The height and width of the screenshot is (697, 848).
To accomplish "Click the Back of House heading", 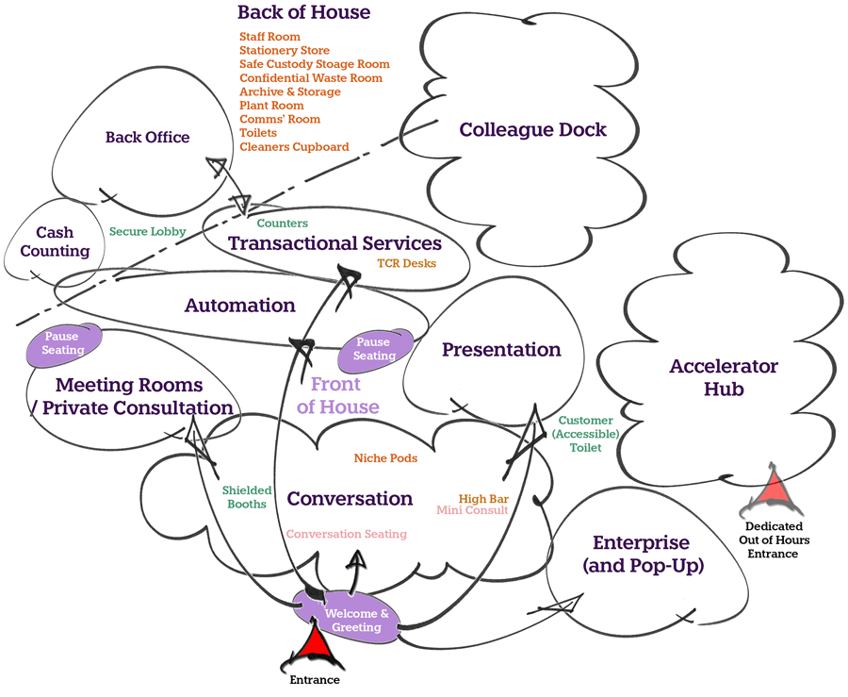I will tap(303, 13).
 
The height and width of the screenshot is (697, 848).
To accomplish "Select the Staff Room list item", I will tap(270, 36).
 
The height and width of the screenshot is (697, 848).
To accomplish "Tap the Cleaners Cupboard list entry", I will tap(294, 147).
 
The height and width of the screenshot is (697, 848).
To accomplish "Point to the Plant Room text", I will tap(271, 106).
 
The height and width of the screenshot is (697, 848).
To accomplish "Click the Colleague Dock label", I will tap(532, 130).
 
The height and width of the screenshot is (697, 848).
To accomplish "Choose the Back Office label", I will tap(147, 138).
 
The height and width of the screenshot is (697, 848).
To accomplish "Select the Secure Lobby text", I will tap(147, 231).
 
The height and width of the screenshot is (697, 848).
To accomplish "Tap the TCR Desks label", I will tap(407, 263).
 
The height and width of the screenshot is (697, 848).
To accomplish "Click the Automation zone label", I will tap(239, 306).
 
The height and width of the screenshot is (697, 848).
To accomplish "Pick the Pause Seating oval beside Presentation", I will tap(374, 349).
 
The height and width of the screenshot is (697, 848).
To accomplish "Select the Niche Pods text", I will tap(385, 458).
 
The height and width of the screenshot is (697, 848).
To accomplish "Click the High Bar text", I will tap(483, 498).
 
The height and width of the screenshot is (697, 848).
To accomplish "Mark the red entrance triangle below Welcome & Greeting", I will tap(314, 650).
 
